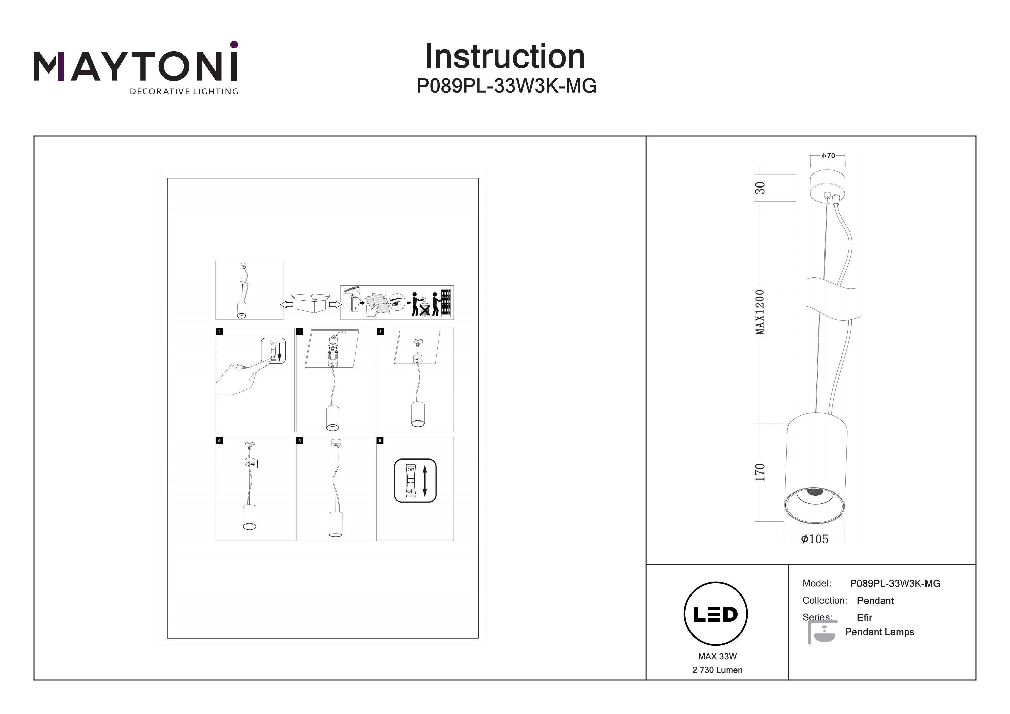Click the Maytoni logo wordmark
pos(135,66)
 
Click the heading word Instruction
pos(505,57)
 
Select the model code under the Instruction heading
pos(506,86)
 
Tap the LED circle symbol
pos(715,614)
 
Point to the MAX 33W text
pos(717,656)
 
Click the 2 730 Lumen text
pos(717,670)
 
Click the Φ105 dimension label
pos(814,539)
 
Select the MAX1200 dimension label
pos(760,311)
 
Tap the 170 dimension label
pos(760,472)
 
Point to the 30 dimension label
pos(760,188)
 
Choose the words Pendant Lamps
pos(879,632)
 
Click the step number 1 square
pos(220,331)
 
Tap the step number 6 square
pos(380,440)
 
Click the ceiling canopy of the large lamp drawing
pos(827,185)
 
